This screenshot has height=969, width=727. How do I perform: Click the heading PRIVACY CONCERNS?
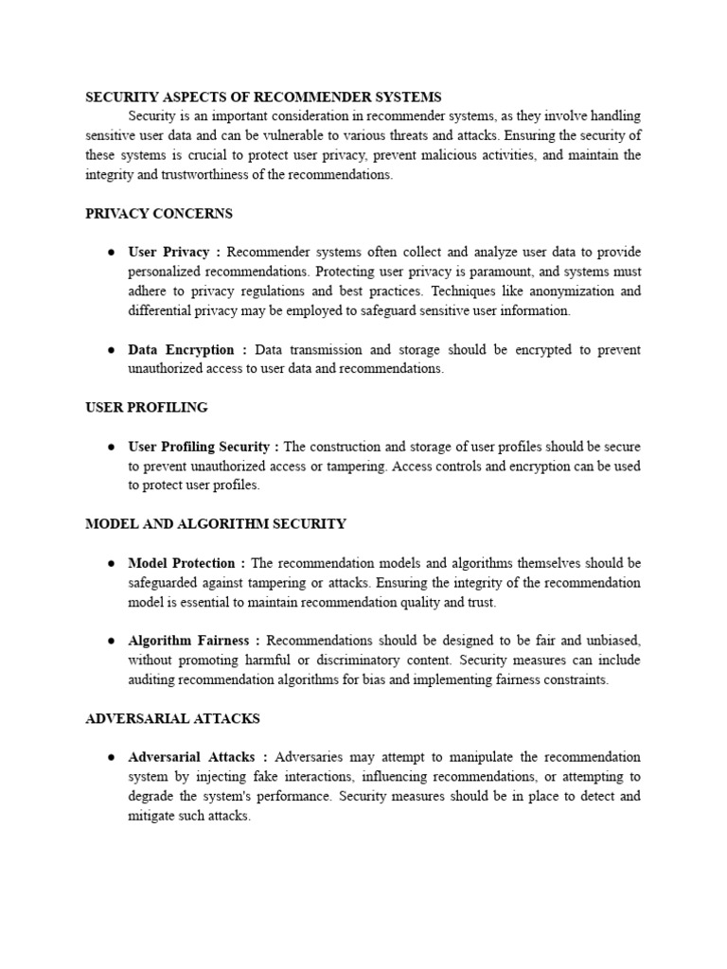coord(158,214)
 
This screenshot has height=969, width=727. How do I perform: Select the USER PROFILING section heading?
coord(147,407)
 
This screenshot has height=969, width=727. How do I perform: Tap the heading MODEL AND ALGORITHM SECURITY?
coord(216,523)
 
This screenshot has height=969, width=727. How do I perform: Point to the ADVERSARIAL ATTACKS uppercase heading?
coord(172,718)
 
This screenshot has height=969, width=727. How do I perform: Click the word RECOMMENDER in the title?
coord(314,97)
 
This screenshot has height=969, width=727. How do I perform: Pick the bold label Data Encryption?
coord(181,349)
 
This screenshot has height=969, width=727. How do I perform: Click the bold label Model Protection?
coord(182,563)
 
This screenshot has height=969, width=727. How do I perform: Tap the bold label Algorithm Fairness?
coord(188,641)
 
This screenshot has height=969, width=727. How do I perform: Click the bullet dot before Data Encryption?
coord(111,349)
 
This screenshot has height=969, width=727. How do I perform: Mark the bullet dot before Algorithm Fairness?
coord(111,641)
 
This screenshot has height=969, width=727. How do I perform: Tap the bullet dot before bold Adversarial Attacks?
coord(111,757)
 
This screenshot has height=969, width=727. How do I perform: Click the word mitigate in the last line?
coord(152,816)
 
